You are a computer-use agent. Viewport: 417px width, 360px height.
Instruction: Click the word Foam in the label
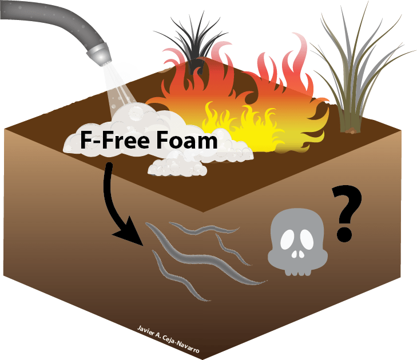pyautogui.click(x=185, y=141)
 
